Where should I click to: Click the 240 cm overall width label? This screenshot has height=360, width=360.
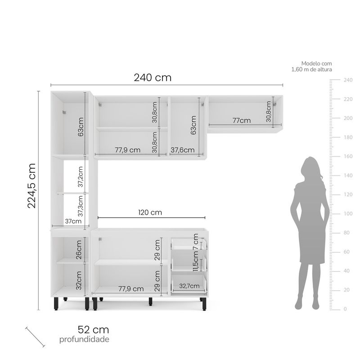153,77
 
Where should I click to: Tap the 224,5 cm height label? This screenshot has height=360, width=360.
31,185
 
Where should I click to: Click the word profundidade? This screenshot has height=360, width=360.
84,339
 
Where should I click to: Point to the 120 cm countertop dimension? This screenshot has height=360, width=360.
150,212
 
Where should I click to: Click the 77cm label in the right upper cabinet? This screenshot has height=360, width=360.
242,120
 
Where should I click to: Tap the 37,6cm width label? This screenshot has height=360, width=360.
182,150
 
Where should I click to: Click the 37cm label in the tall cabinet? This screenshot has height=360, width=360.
73,221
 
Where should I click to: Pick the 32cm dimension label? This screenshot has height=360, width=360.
79,279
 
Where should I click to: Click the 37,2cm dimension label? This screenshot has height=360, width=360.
80,177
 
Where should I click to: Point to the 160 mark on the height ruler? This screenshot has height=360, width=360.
348,157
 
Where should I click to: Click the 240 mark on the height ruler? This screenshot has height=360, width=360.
348,80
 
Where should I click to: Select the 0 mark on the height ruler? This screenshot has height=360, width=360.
345,309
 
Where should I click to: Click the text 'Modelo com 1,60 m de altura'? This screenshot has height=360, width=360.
311,67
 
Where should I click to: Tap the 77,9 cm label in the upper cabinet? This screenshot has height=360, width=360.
127,150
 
